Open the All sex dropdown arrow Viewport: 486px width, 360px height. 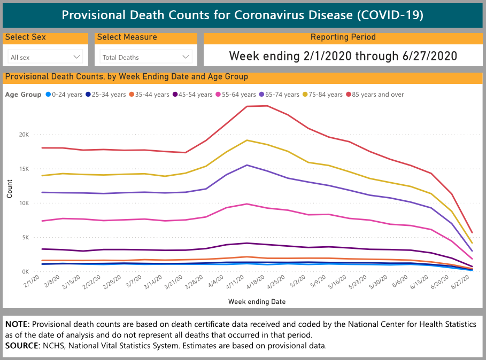pos(76,57)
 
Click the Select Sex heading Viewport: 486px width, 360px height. pos(25,37)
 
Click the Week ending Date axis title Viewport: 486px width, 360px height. pos(257,302)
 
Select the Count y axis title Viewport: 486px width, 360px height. pos(10,190)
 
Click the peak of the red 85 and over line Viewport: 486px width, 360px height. pos(267,106)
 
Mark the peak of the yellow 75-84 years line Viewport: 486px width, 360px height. pos(246,140)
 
